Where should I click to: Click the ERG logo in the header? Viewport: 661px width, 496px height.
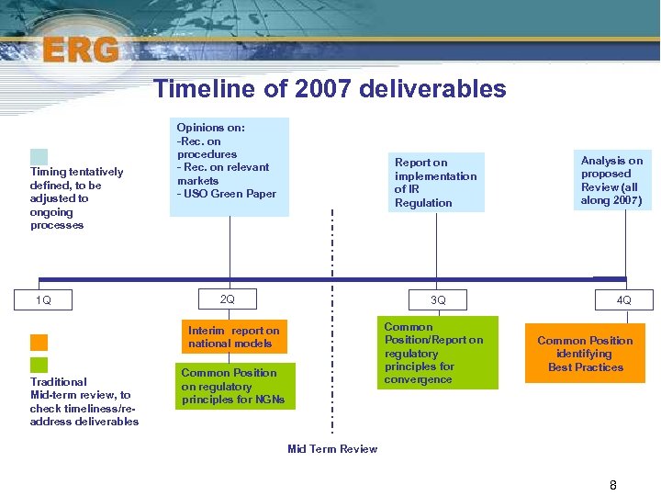coord(80,48)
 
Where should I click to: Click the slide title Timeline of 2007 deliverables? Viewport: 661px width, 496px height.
coord(330,88)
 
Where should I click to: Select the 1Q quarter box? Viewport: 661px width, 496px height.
coord(43,300)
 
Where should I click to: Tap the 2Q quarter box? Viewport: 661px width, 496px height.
coord(228,299)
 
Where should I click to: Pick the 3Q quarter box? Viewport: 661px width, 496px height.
coord(438,299)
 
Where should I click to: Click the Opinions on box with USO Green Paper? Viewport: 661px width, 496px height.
coord(229,166)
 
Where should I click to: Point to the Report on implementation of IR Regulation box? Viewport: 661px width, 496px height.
coord(436,183)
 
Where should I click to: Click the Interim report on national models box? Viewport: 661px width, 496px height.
coord(234,337)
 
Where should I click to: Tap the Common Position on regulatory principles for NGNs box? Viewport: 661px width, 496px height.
coord(234,386)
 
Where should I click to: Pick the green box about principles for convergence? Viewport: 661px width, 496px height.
coord(437,353)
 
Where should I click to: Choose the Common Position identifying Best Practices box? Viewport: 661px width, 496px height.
coord(585,354)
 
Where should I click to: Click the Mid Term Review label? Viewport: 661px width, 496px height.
coord(332,449)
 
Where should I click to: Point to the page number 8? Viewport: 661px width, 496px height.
coord(613,485)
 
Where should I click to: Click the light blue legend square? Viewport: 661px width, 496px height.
coord(39,156)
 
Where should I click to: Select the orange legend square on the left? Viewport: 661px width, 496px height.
coord(39,342)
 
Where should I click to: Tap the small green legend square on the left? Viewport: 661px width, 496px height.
coord(39,365)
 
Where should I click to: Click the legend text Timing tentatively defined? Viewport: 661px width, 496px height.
coord(76,198)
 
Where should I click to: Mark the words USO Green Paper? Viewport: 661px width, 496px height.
coord(229,194)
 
